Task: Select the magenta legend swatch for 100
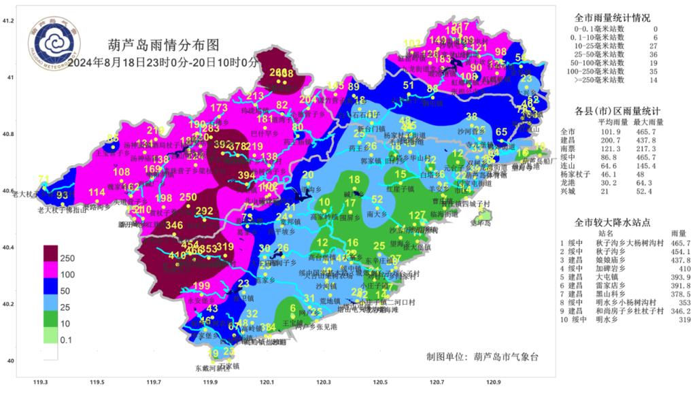(x=51, y=274)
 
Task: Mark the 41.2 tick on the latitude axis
(x=8, y=22)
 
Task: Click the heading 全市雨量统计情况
(x=612, y=18)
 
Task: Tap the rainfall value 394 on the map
(x=246, y=175)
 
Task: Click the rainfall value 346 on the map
(x=156, y=226)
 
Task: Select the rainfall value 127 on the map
(x=417, y=216)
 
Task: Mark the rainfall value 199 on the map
(x=201, y=285)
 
